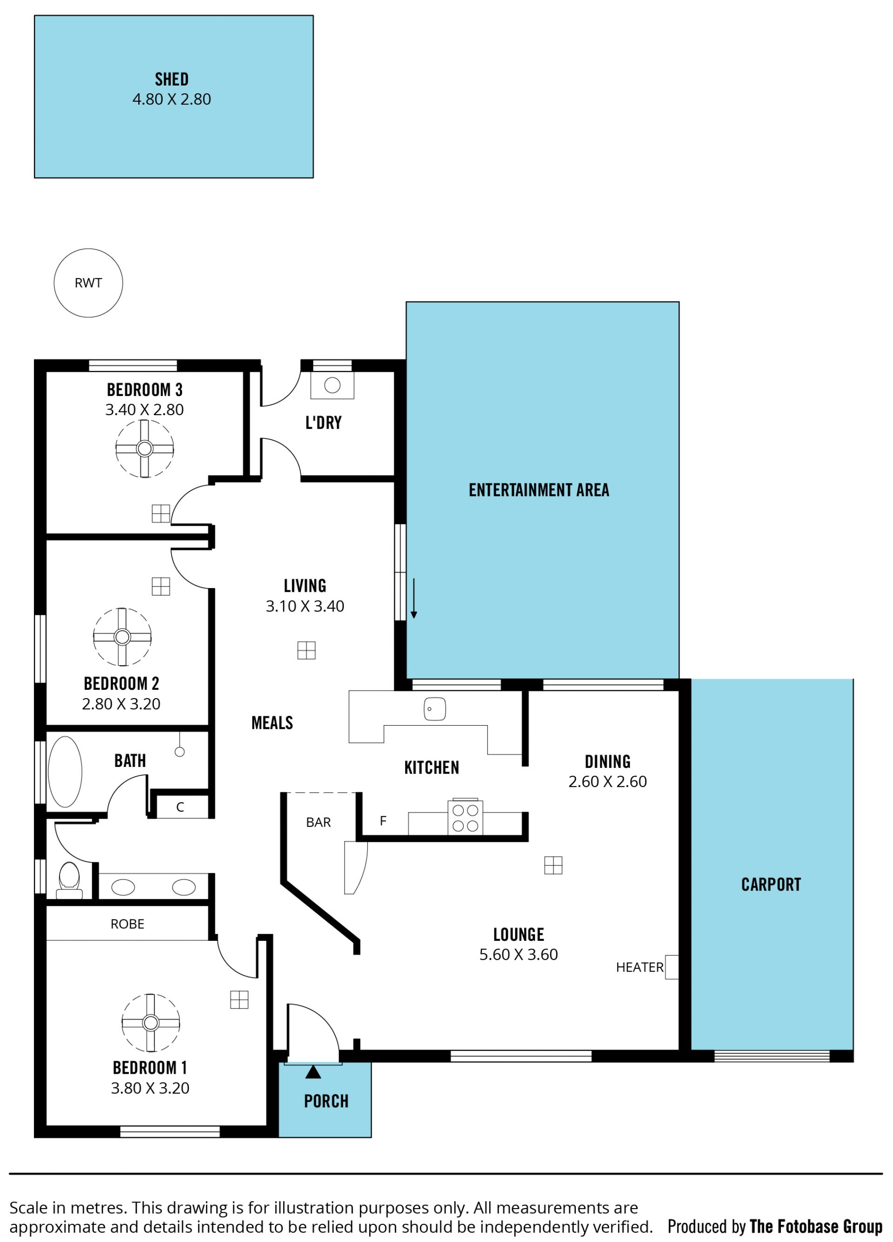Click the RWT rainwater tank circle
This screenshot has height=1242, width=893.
(x=88, y=283)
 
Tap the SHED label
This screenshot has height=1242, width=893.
(x=172, y=79)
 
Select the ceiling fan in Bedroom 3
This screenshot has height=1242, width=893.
(x=145, y=449)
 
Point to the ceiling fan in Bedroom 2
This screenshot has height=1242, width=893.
(x=122, y=637)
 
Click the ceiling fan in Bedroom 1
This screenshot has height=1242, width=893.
(x=151, y=1023)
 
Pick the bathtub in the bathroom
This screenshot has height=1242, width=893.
(x=65, y=772)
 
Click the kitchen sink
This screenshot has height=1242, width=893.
(x=434, y=709)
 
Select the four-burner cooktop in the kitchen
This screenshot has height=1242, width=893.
(x=465, y=818)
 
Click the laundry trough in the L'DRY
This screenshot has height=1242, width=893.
(x=332, y=385)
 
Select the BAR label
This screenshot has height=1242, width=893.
(x=318, y=823)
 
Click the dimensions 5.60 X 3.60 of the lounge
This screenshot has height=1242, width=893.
(x=518, y=954)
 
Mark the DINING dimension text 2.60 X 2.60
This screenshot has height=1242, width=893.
(x=607, y=781)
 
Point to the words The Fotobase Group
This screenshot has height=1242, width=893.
(x=816, y=1226)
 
